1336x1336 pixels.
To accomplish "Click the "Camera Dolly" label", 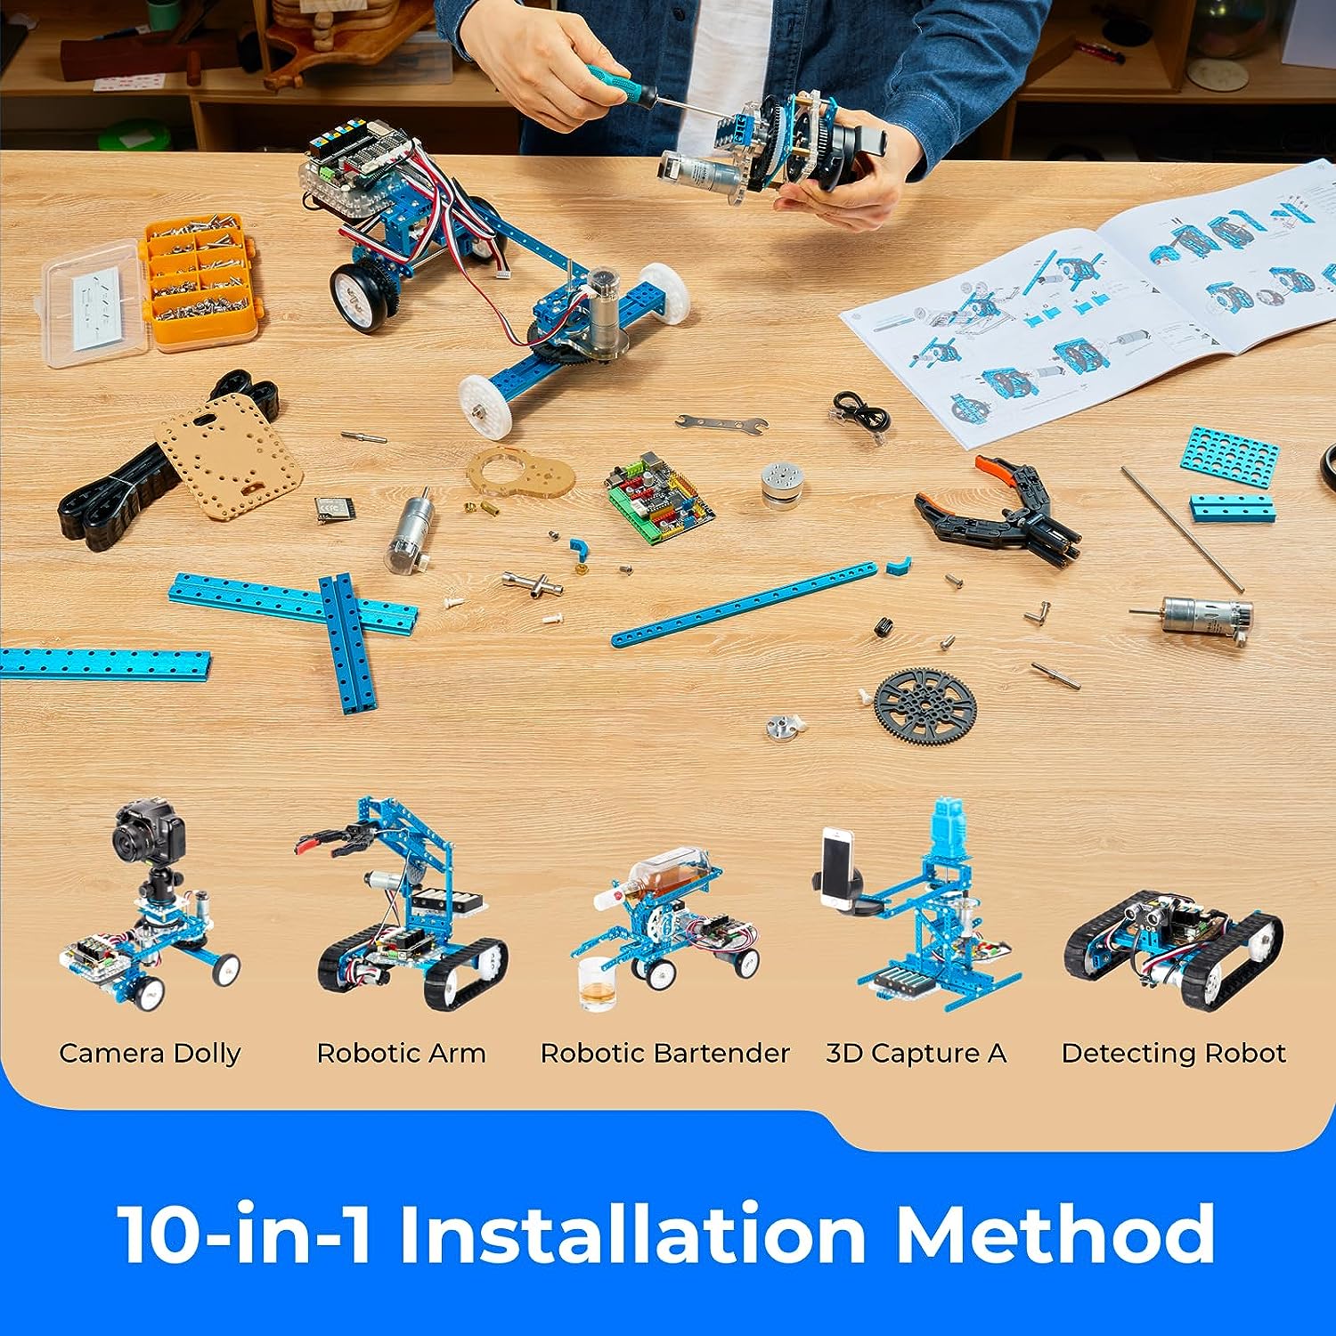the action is pyautogui.click(x=150, y=1054).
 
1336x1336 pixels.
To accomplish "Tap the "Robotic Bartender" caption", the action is pyautogui.click(x=665, y=1054).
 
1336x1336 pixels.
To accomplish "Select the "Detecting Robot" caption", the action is pyautogui.click(x=1174, y=1054).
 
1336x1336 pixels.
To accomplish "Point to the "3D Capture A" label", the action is pyautogui.click(x=916, y=1054).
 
